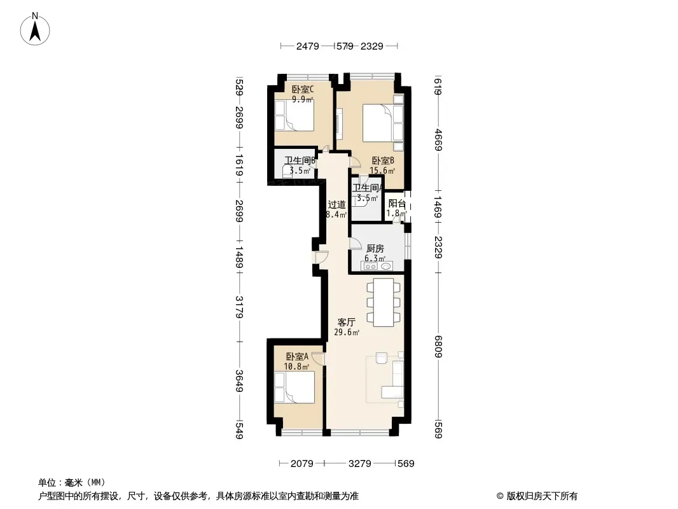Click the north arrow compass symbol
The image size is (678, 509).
coord(35,29)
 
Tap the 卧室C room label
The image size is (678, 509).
coord(303,90)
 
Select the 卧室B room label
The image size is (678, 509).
coord(383,161)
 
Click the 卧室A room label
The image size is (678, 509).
coord(297,357)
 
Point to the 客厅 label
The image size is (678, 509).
coord(347,322)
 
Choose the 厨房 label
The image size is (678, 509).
coord(375,249)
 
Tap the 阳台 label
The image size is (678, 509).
coord(397,204)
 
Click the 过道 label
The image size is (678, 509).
coord(336,204)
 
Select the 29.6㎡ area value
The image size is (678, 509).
coord(347,333)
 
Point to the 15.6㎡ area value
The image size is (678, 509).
coord(382,171)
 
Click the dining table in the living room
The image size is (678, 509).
coord(384,303)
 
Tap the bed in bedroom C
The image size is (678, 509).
coord(294,115)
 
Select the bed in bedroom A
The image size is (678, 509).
coord(294,387)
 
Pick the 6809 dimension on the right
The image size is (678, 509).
coord(438,346)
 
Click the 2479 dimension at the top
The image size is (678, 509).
coord(307,46)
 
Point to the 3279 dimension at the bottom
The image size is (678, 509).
coord(360,464)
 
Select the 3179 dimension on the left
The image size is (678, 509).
coord(239,307)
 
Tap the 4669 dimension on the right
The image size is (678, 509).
coord(438,140)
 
